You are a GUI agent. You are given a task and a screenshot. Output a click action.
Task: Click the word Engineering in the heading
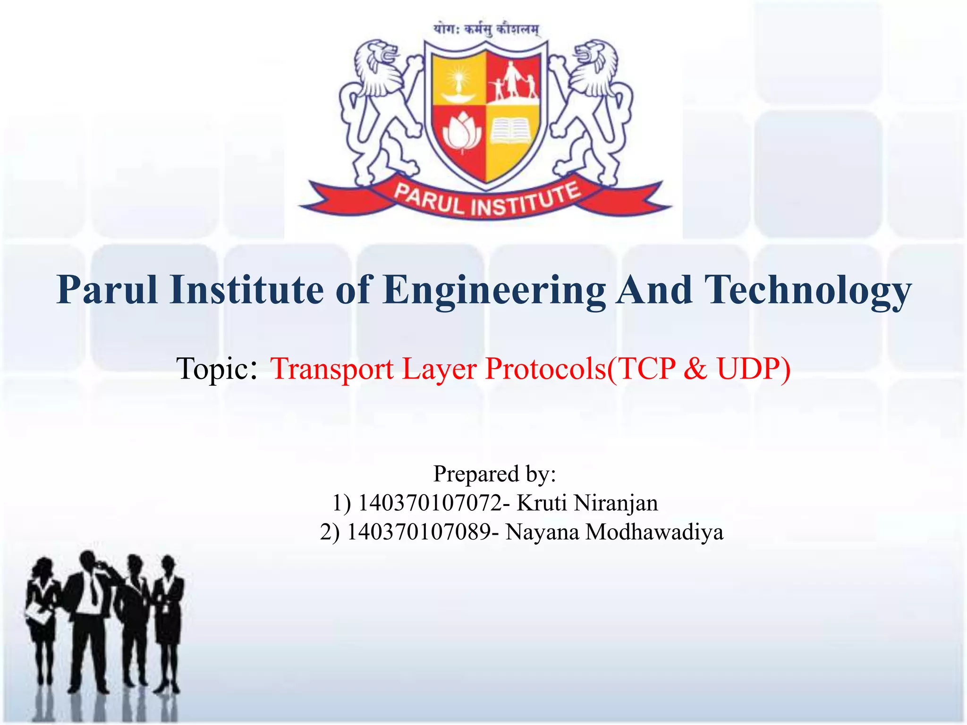tap(494, 291)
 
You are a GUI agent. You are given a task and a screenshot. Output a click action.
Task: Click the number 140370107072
tap(430, 503)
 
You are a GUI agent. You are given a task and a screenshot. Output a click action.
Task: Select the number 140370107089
tap(418, 532)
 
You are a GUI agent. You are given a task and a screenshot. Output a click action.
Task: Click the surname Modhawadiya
tap(654, 532)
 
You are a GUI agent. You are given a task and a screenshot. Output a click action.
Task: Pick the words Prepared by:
tap(495, 474)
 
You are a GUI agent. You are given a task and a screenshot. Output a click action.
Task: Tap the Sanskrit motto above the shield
tap(486, 29)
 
